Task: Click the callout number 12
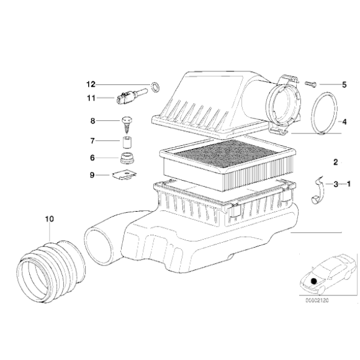point(91,84)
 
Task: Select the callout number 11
point(91,98)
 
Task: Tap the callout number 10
point(50,219)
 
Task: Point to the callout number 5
point(344,84)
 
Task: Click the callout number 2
point(336,163)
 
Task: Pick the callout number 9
point(92,175)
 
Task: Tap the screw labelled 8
point(127,125)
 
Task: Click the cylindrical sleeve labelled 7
point(128,143)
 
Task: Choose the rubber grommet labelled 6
point(127,158)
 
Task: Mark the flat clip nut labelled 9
point(125,174)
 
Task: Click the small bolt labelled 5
point(310,84)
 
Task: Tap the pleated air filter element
point(227,164)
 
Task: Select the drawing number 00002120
point(317,300)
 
